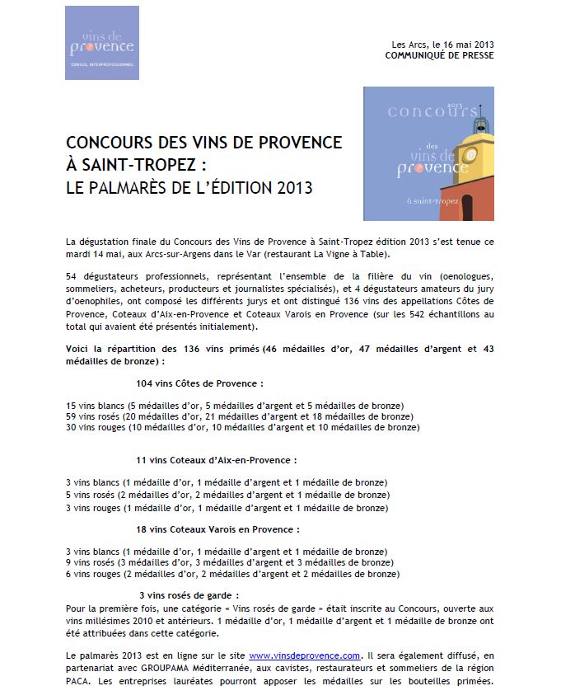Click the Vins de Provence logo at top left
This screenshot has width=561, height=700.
click(x=102, y=43)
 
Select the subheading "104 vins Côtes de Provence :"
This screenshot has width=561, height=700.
click(x=199, y=383)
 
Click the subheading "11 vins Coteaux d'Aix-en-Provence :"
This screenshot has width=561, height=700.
click(x=215, y=460)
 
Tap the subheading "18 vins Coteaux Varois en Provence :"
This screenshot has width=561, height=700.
click(x=217, y=529)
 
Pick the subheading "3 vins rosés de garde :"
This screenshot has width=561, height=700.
click(x=189, y=594)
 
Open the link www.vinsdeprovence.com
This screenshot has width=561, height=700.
click(x=305, y=655)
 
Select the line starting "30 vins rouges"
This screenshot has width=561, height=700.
click(x=242, y=428)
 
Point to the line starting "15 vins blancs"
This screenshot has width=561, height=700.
click(x=234, y=406)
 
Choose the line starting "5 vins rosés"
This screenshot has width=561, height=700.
click(x=227, y=495)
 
